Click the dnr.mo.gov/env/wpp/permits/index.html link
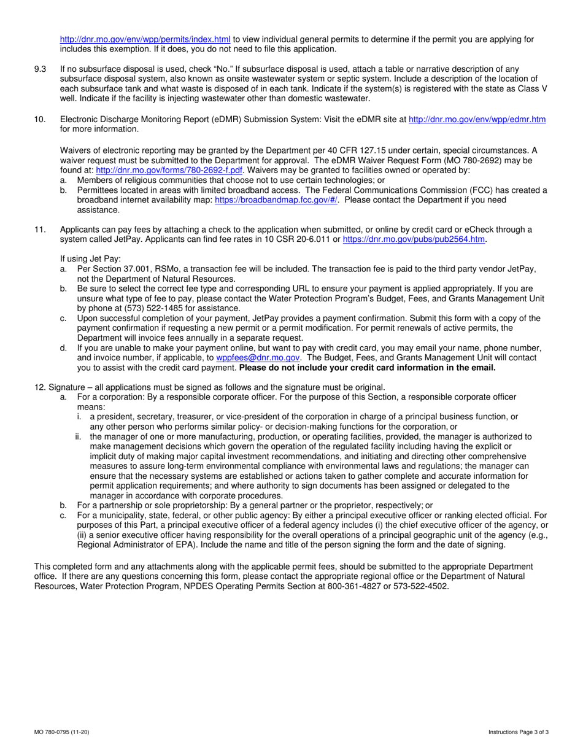[x=145, y=39]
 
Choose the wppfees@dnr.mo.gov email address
[x=258, y=357]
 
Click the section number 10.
[x=40, y=120]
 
